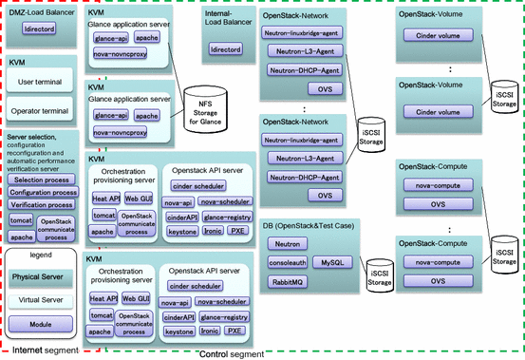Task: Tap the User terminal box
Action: coord(41,83)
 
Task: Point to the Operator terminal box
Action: coord(41,112)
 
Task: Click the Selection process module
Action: coord(41,179)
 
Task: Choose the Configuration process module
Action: coord(43,192)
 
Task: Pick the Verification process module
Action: coord(43,204)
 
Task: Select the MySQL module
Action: coord(330,261)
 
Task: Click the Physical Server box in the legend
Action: coord(41,276)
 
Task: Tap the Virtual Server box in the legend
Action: coord(41,299)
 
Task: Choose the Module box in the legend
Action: coord(41,325)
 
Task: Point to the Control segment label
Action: coord(234,354)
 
